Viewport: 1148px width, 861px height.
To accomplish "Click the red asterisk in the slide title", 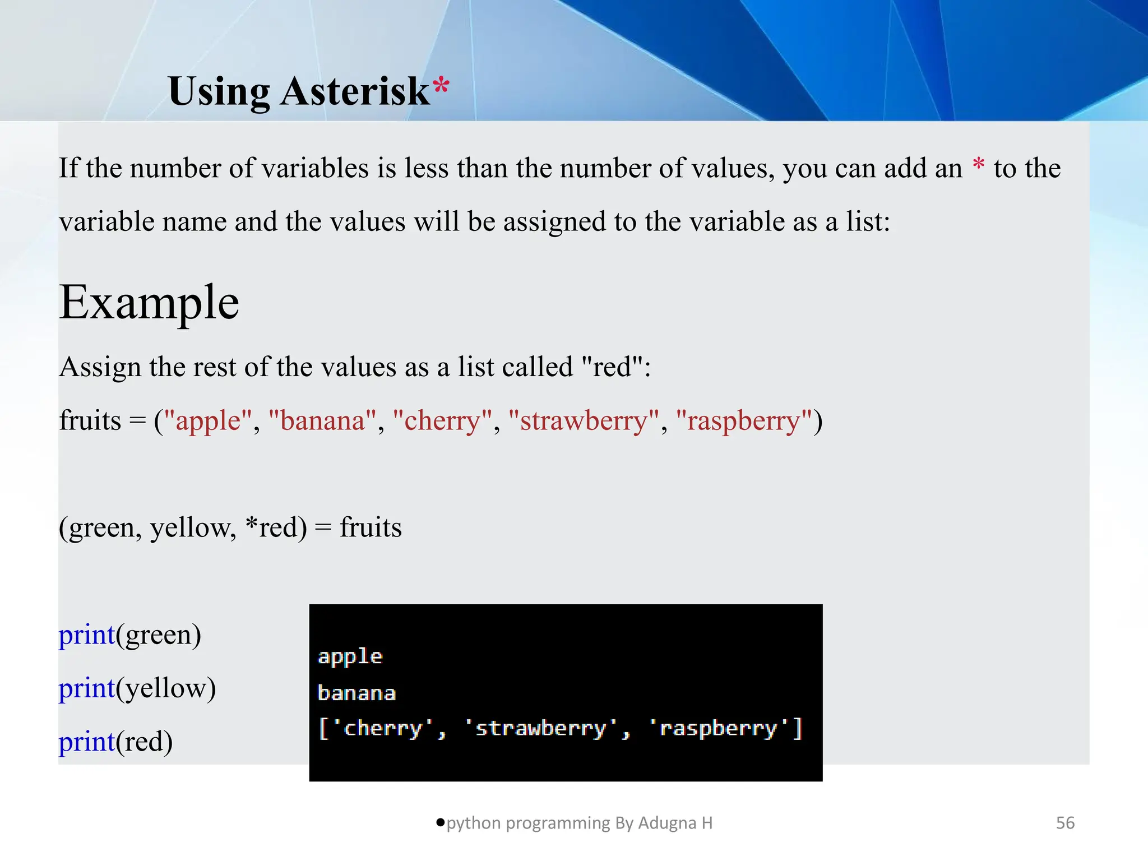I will coord(441,86).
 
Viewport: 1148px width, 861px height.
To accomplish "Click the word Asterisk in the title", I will coord(355,91).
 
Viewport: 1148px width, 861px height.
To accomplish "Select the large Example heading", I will coord(149,303).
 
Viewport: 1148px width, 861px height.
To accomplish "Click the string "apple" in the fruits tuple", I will coord(208,420).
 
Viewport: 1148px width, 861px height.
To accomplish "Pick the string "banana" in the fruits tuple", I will coord(322,420).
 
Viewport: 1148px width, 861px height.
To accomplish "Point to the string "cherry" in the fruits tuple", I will coord(442,420).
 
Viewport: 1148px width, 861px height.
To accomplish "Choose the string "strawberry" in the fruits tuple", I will coord(584,420).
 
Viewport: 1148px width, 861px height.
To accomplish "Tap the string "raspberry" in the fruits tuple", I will coord(744,420).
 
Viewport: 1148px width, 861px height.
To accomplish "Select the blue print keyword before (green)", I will coord(86,635).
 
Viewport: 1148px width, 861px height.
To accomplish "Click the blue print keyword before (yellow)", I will coord(86,688).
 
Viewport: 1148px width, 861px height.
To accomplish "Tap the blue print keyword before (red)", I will coord(86,742).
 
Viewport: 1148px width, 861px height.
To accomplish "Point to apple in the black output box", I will coord(350,657).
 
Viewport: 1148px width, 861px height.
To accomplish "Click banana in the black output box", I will coord(357,693).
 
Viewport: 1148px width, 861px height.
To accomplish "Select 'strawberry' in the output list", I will coord(541,728).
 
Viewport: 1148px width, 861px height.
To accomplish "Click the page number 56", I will coord(1065,823).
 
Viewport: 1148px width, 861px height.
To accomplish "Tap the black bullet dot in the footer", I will coord(441,822).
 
